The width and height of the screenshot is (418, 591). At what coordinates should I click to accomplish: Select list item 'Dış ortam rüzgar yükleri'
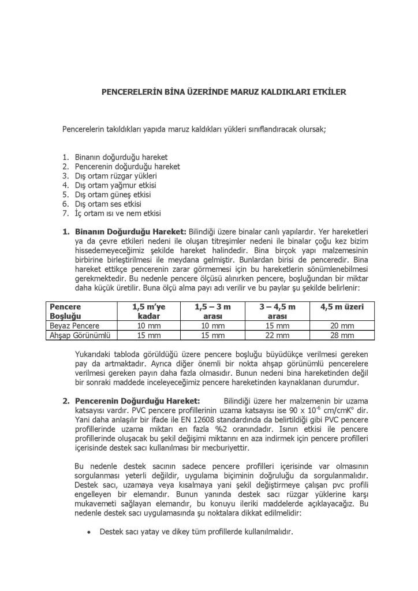point(116,175)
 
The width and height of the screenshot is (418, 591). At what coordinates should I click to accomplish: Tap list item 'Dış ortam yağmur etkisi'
point(115,185)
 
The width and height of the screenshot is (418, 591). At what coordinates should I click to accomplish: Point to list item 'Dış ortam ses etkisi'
point(108,204)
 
